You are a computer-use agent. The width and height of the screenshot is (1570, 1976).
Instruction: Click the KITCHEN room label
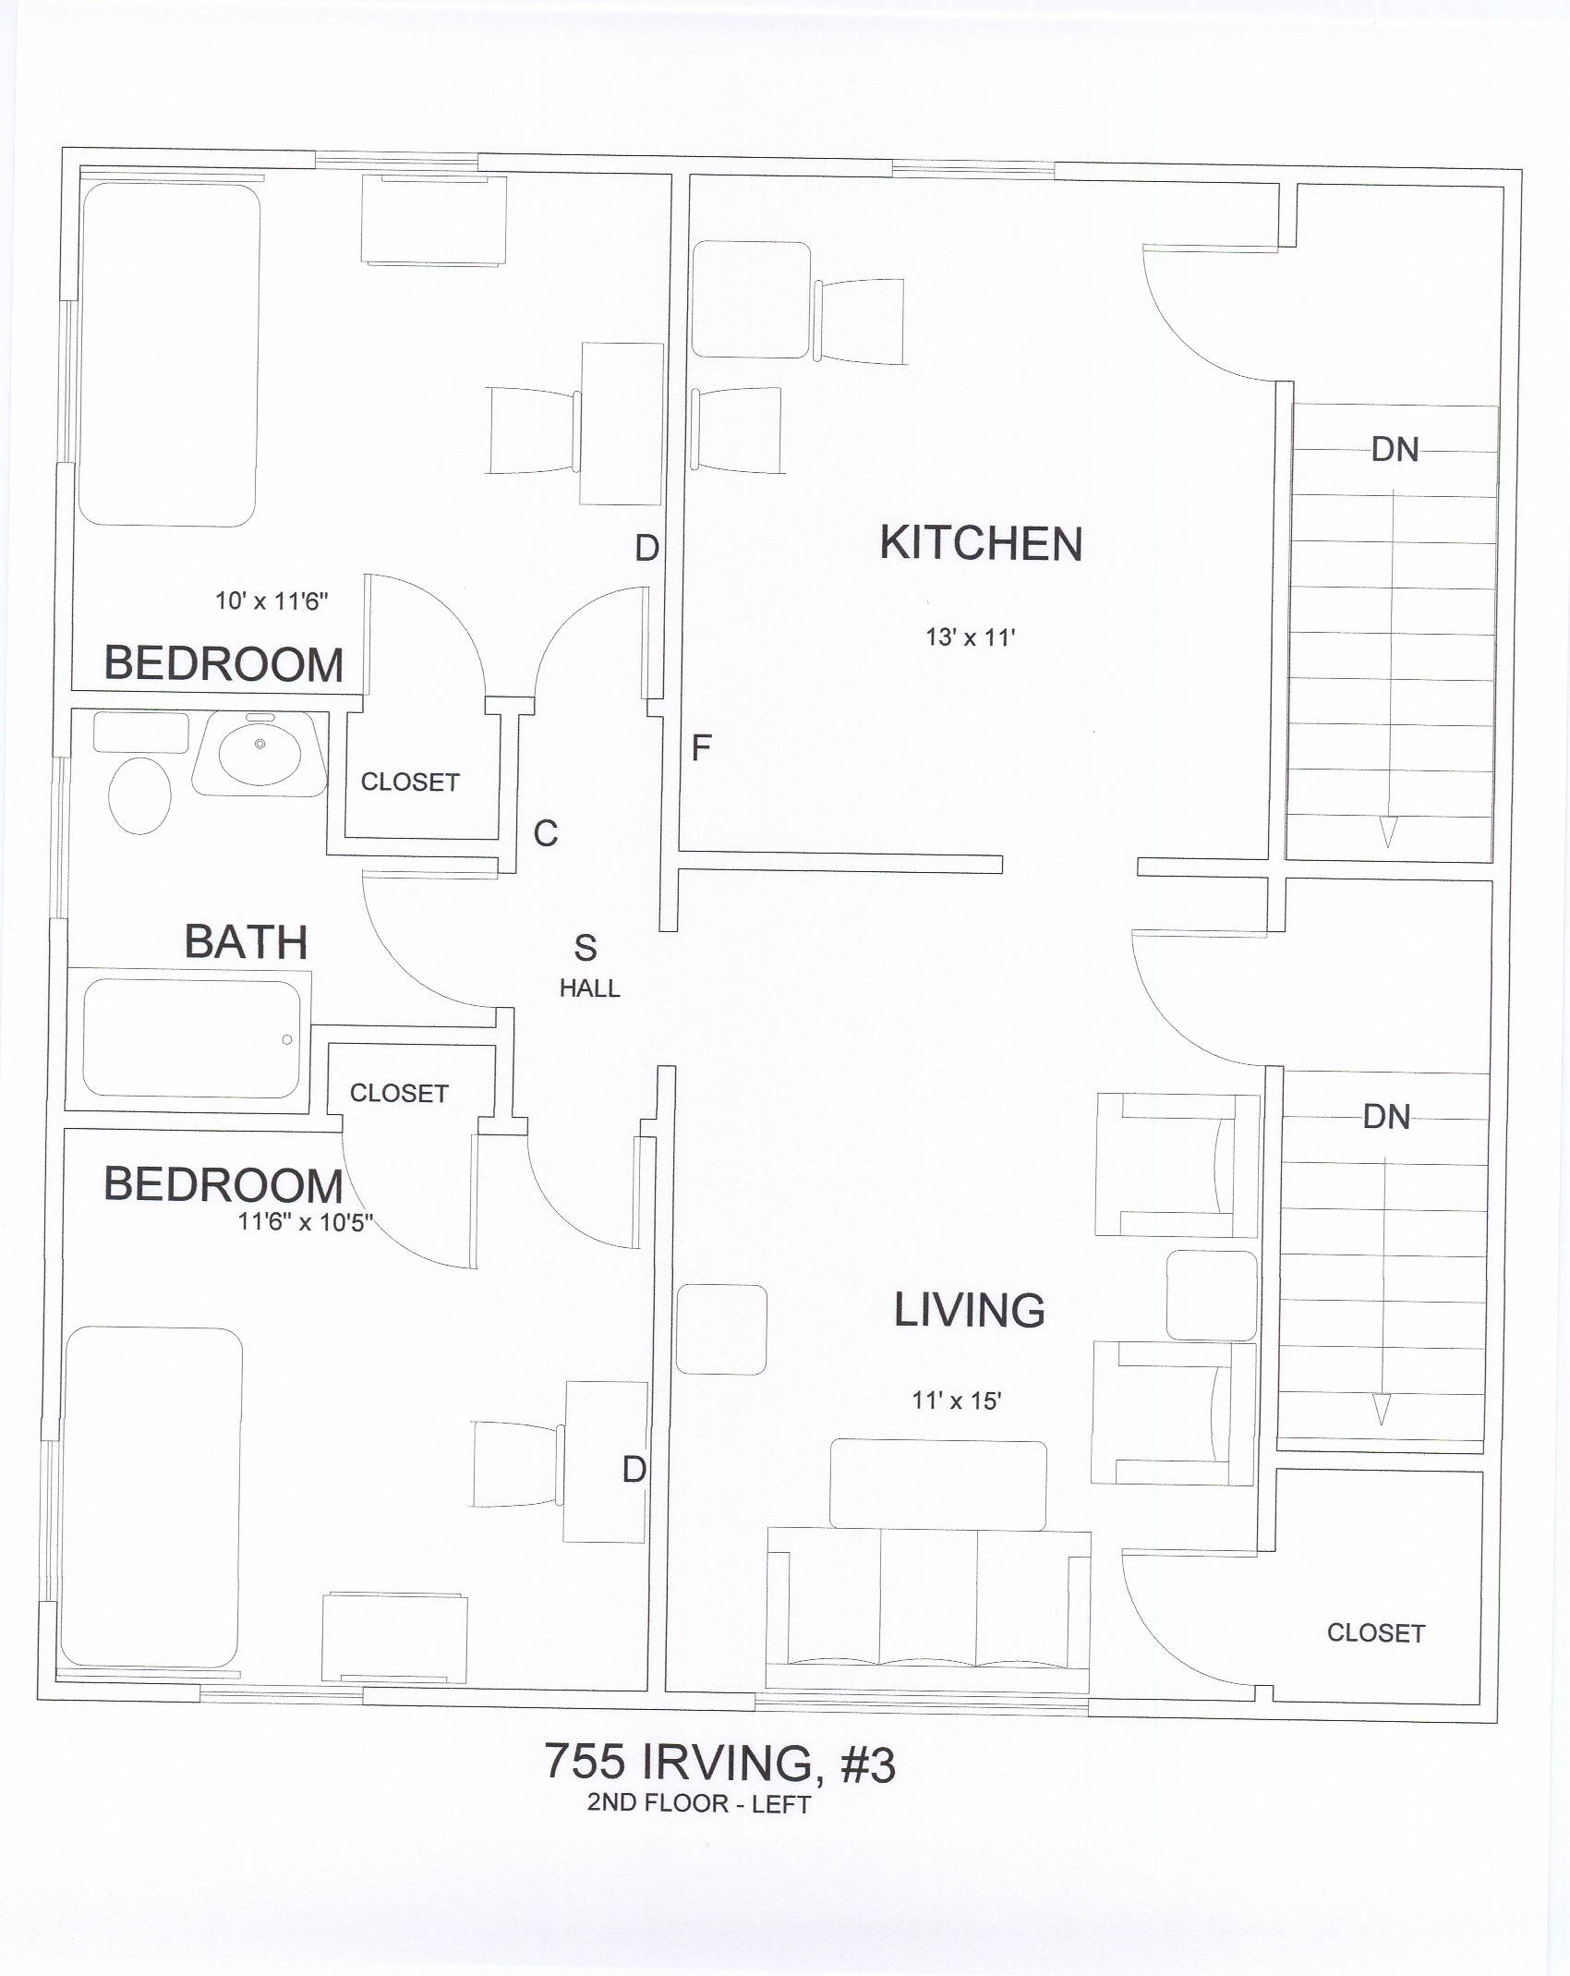[x=981, y=543]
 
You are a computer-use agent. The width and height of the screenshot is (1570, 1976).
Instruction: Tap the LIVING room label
[x=970, y=1310]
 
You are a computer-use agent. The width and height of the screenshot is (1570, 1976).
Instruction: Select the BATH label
[x=246, y=942]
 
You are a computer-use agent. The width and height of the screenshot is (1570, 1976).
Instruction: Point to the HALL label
[x=589, y=988]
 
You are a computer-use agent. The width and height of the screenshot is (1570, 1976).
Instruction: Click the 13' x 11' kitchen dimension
[x=971, y=636]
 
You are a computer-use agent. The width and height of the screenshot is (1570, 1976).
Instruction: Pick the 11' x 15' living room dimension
[x=957, y=1400]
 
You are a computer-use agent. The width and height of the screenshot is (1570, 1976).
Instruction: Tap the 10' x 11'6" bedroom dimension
[x=272, y=601]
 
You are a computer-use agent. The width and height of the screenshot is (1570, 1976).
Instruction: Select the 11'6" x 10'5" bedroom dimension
[x=306, y=1221]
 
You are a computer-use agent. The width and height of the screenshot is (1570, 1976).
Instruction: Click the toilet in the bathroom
[x=139, y=795]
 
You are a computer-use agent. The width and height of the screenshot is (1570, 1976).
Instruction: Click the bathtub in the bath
[x=192, y=1038]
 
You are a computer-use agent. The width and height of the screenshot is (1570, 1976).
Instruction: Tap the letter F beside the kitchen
[x=702, y=747]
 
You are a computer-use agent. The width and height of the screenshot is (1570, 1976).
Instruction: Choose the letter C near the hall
[x=546, y=833]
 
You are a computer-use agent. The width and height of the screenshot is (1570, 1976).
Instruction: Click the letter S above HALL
[x=586, y=948]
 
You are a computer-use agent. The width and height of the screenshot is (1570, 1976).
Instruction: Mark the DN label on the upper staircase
[x=1395, y=450]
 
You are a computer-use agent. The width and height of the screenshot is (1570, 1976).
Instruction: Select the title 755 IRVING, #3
[x=719, y=1763]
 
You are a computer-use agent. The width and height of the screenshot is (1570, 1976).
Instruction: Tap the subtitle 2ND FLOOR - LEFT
[x=699, y=1804]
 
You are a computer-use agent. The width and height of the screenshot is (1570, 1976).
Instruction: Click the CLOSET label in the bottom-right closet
[x=1376, y=1633]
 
